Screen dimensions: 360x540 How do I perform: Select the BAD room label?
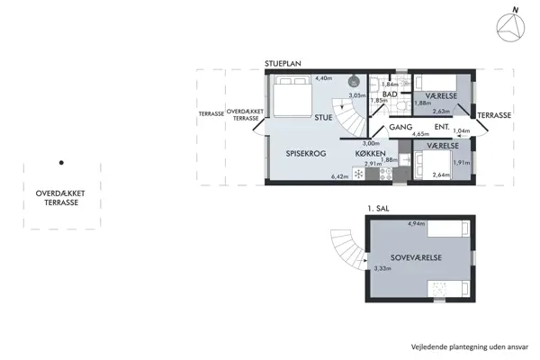[x=390, y=94]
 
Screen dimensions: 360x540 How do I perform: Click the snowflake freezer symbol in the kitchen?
[x=358, y=172]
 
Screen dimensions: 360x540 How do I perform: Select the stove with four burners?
[x=373, y=173]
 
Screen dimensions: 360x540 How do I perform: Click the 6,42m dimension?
[x=339, y=176]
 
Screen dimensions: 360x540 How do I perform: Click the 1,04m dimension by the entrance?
[x=460, y=131]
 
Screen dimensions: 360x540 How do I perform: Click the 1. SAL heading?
[x=378, y=209]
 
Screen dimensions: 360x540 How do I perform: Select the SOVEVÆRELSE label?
[x=409, y=257]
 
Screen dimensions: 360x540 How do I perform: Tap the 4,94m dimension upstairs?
[x=417, y=223]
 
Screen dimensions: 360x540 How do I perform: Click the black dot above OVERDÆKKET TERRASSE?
[x=61, y=163]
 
